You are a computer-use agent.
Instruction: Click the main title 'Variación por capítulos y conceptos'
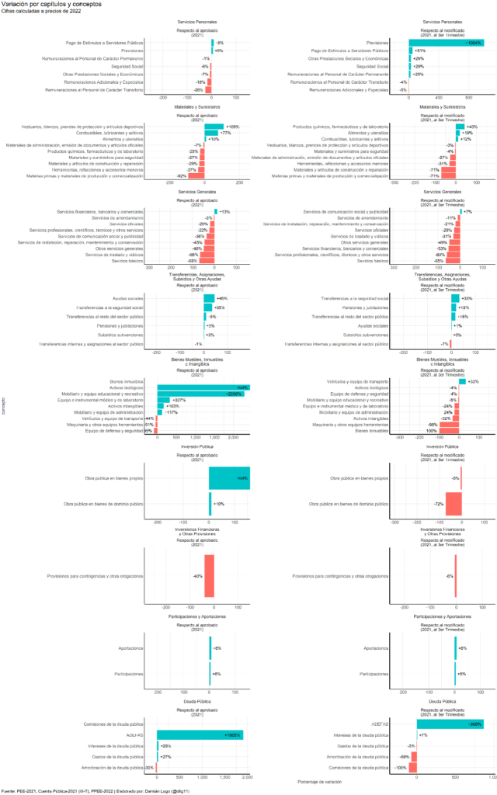pyautogui.click(x=51, y=5)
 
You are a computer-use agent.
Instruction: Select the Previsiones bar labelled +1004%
pyautogui.click(x=446, y=42)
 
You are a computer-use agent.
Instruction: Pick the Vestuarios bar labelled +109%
pyautogui.click(x=214, y=126)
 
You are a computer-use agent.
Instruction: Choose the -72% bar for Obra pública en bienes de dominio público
pyautogui.click(x=454, y=504)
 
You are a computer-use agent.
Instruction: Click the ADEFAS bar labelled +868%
pyautogui.click(x=450, y=724)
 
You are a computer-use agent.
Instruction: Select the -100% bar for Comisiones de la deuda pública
pyautogui.click(x=412, y=768)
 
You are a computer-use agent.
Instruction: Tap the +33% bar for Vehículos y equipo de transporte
pyautogui.click(x=462, y=381)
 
